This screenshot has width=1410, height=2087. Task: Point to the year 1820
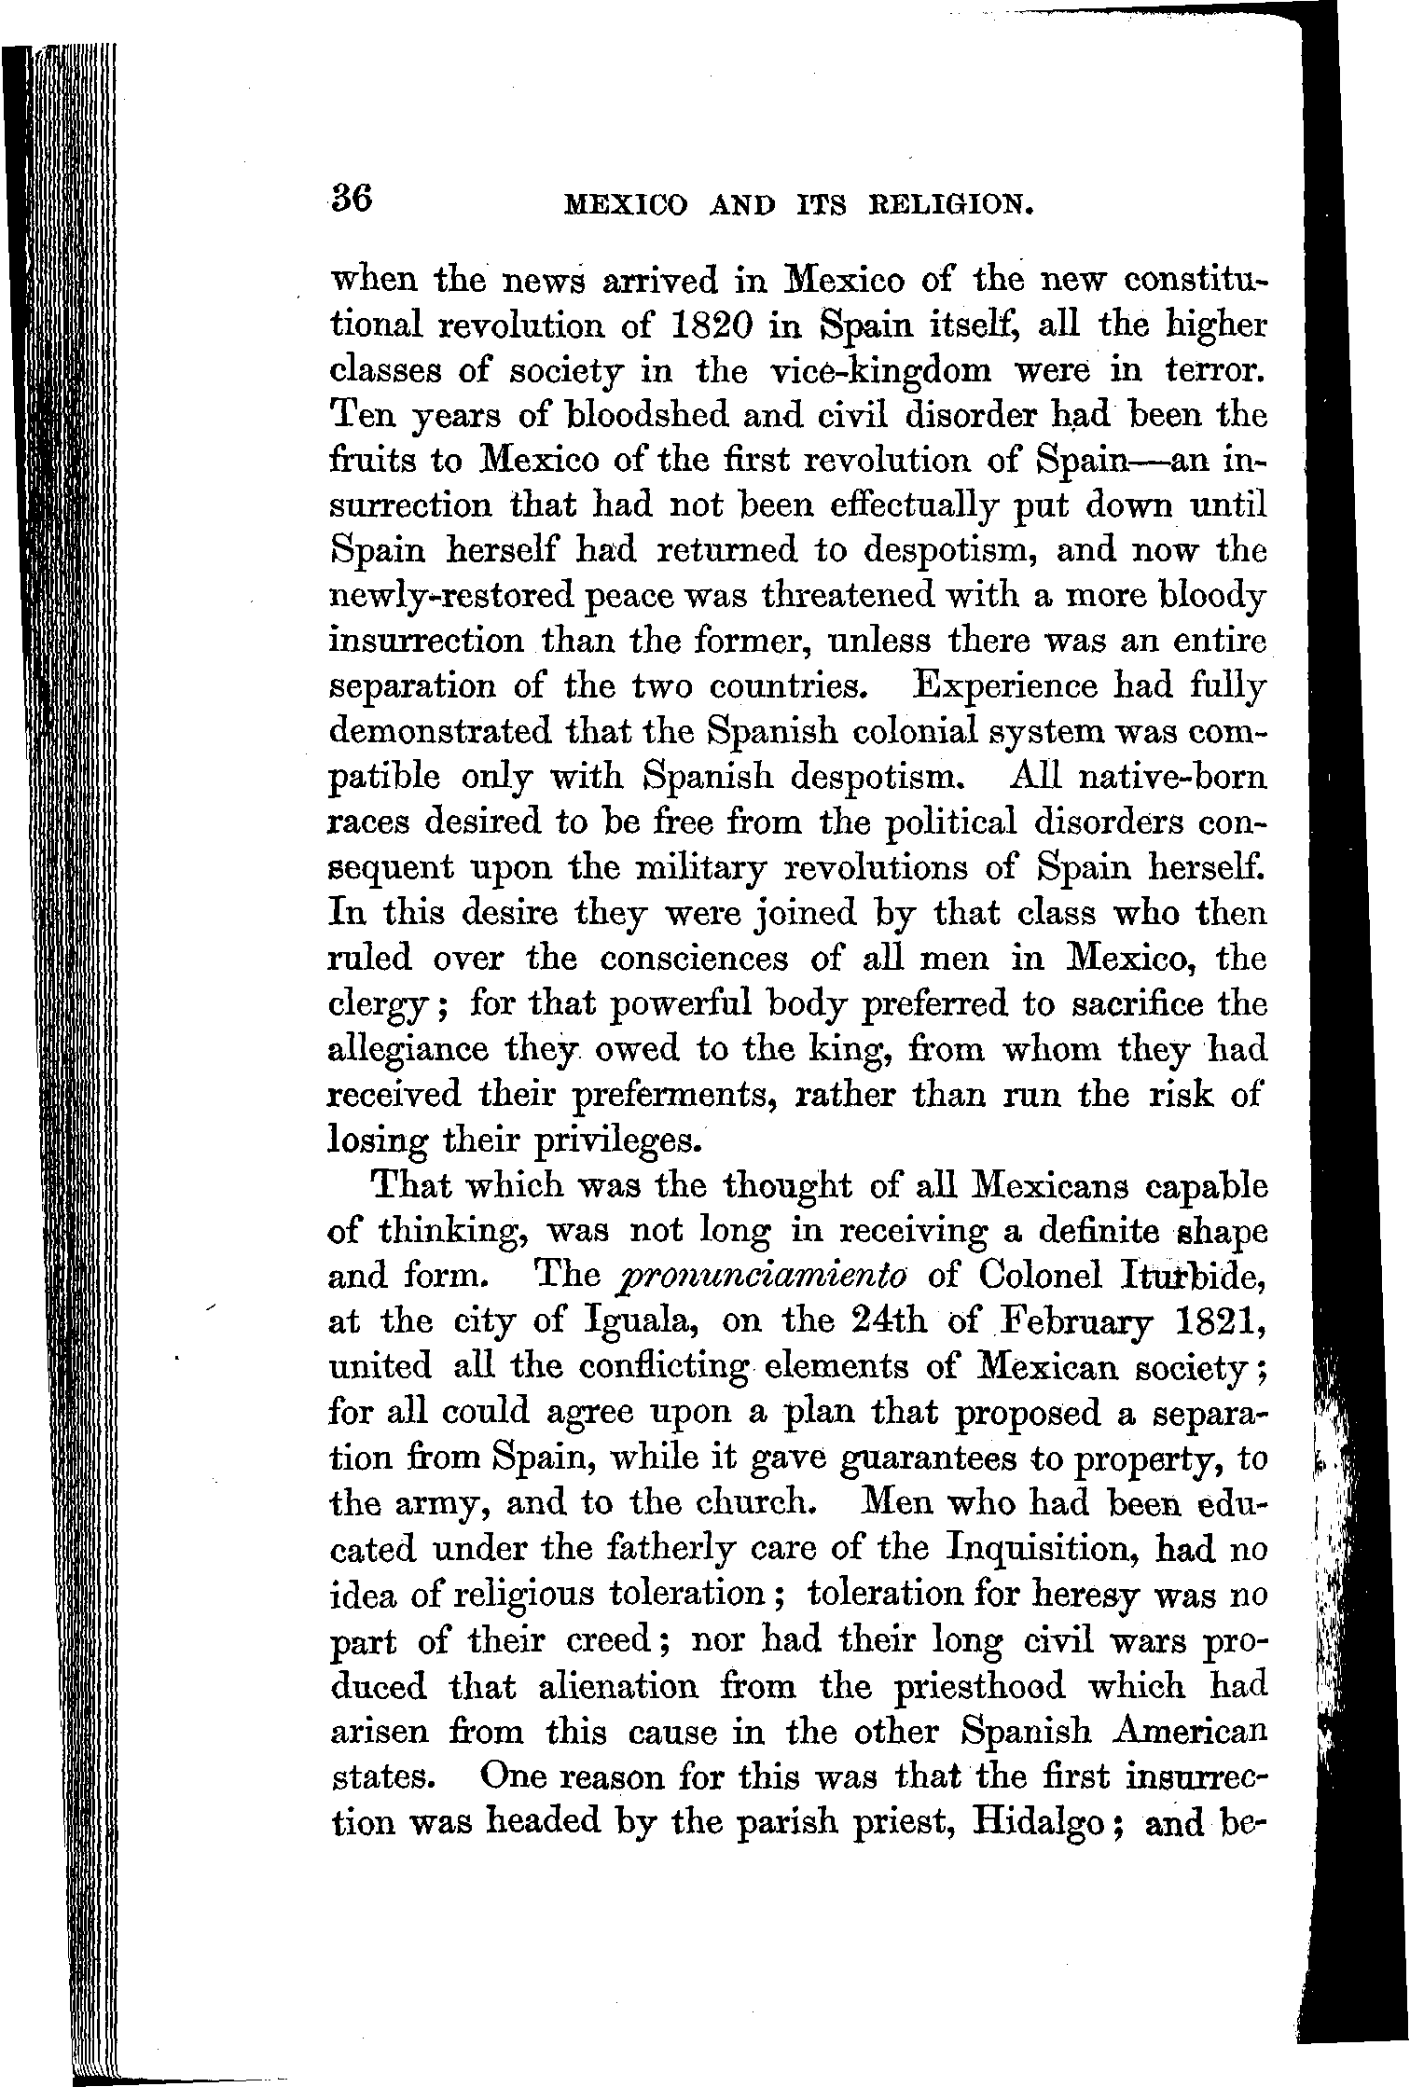(717, 325)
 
